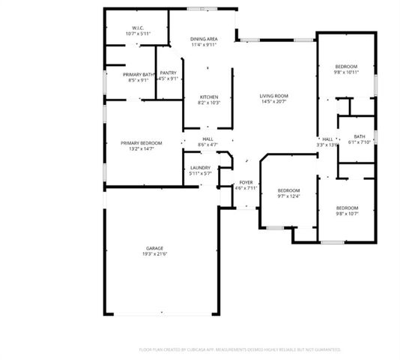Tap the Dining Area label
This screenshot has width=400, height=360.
pos(204,38)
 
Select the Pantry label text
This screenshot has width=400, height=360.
pos(168,73)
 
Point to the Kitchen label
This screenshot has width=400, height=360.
pos(208,96)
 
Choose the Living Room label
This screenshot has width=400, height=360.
pos(273,96)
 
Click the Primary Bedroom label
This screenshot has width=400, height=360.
pos(142,142)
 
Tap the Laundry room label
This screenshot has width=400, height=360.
pos(200,167)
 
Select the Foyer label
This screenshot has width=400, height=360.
pos(246,182)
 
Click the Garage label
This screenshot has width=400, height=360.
pos(155,248)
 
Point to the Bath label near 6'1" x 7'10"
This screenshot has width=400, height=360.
pos(360,136)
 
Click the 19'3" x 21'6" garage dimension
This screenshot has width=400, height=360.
pos(155,255)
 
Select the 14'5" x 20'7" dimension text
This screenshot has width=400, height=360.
pos(273,103)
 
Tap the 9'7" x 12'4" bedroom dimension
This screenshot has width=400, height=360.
pos(288,196)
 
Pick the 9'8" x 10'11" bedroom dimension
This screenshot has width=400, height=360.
pos(346,73)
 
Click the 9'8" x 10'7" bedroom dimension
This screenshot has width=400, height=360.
pos(347,214)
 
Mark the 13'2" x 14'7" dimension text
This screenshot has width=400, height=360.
pos(142,149)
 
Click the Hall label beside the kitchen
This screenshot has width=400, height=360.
pos(207,138)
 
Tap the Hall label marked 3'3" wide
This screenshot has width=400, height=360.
pos(328,139)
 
